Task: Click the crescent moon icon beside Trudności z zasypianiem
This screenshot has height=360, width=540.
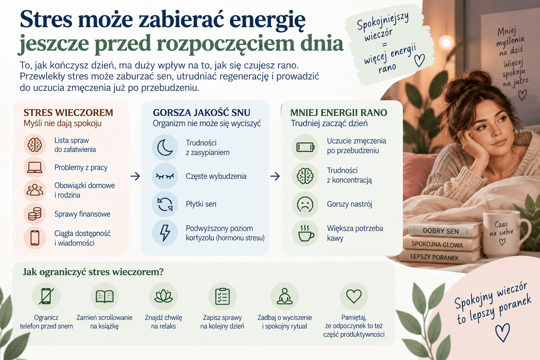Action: [165, 147]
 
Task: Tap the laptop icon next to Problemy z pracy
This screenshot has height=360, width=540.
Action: [35, 167]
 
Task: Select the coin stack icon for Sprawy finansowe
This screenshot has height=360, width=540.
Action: [35, 214]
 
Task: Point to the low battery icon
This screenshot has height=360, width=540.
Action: [305, 147]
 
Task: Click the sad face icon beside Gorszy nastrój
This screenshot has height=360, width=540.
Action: [305, 204]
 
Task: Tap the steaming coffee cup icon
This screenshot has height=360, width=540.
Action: [306, 233]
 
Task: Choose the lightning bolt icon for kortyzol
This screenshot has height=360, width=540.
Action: [165, 233]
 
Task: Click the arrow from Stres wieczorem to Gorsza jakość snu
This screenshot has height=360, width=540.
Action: [135, 176]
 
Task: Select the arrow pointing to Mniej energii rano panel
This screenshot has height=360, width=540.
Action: [275, 176]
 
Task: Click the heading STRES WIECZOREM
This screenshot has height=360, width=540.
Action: [68, 112]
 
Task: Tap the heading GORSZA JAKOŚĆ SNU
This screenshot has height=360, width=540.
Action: [202, 112]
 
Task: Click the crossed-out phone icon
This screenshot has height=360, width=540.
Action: [46, 296]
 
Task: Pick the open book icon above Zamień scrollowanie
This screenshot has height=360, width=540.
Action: [104, 297]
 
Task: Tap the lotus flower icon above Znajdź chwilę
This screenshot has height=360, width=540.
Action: [163, 297]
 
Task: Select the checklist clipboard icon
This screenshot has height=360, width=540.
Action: [222, 297]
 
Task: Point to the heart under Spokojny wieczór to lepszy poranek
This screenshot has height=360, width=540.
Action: [503, 332]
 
